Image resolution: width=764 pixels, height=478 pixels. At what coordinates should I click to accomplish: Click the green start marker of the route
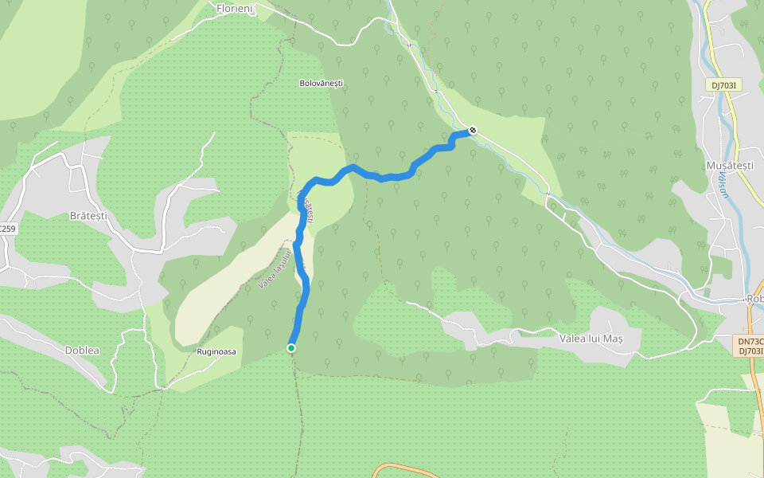(x=291, y=348)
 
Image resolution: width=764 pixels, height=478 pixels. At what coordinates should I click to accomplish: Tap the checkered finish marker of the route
(x=473, y=130)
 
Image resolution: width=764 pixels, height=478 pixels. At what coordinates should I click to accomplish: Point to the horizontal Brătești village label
(x=88, y=216)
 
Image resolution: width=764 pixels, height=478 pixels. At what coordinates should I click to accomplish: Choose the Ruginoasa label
(x=216, y=351)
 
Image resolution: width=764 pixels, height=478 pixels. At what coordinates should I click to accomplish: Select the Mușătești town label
(x=729, y=166)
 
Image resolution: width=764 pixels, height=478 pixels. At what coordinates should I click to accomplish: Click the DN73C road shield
(x=750, y=341)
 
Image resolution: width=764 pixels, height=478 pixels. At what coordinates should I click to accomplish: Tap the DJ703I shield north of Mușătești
(x=725, y=84)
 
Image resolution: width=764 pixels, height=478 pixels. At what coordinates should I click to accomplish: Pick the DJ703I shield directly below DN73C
(x=750, y=351)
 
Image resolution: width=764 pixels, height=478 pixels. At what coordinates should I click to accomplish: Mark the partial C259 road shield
(x=7, y=229)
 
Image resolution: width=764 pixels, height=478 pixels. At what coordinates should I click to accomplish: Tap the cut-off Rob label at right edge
(x=754, y=299)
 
